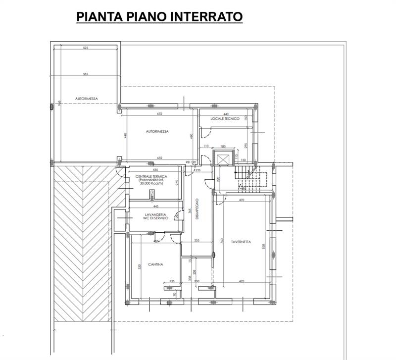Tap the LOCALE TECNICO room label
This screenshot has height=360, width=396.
[225, 119]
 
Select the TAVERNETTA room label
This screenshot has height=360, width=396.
[241, 242]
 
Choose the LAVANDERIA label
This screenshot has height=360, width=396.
[149, 213]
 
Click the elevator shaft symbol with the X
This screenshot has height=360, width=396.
[221, 159]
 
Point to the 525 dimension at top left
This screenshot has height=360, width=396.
[85, 48]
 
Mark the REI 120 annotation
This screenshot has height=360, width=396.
[191, 162]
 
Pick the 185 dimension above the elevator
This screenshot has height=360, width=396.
[223, 147]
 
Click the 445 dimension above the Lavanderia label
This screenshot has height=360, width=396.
[155, 206]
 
